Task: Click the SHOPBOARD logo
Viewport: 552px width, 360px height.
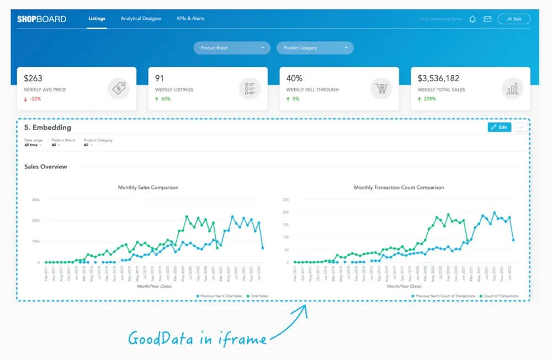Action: coord(41,19)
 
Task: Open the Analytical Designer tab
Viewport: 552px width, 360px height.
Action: coord(141,19)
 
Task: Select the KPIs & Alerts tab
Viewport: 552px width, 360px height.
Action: coord(190,19)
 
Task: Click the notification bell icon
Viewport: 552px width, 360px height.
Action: coord(473,19)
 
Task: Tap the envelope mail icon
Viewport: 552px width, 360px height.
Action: coord(487,19)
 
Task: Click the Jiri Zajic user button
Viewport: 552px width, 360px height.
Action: coord(513,19)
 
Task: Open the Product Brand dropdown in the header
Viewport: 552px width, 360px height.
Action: coord(232,48)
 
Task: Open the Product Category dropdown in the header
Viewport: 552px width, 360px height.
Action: coord(315,48)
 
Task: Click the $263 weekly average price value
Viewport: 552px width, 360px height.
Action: coord(33,78)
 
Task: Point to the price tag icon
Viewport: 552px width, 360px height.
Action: coord(118,88)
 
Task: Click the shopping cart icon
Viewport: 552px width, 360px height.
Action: coord(381,88)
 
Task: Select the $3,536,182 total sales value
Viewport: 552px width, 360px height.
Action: coord(438,78)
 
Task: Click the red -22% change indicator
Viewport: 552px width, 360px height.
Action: coord(33,99)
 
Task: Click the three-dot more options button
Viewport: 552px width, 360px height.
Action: coord(521,127)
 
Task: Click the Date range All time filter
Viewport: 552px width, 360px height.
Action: coord(33,145)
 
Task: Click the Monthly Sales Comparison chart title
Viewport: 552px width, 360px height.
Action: coord(148,188)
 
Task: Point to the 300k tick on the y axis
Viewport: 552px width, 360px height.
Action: coord(35,200)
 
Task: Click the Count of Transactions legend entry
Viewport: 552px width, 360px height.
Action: coord(500,296)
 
